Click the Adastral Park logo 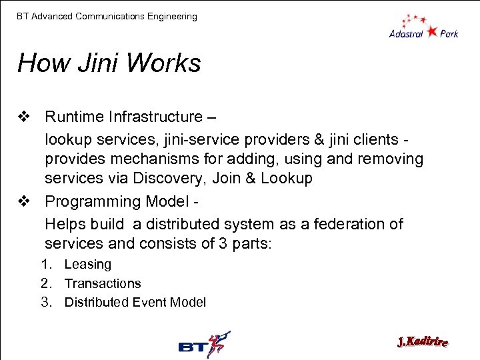click(x=424, y=26)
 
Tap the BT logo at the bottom click(x=204, y=344)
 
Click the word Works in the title click(x=163, y=63)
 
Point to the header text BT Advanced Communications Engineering click(x=107, y=16)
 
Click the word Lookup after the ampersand click(x=287, y=178)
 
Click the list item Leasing click(x=87, y=265)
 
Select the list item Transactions click(x=103, y=283)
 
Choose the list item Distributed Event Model click(x=135, y=302)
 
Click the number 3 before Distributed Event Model click(x=46, y=302)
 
